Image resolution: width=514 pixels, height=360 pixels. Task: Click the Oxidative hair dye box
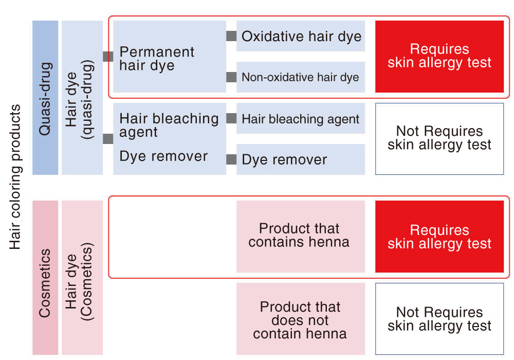click(301, 36)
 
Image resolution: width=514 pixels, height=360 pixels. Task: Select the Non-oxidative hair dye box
click(301, 77)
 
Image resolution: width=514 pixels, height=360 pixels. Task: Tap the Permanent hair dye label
click(157, 59)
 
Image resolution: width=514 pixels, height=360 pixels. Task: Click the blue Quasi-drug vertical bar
click(45, 98)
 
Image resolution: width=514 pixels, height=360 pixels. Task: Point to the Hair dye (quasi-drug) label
click(79, 99)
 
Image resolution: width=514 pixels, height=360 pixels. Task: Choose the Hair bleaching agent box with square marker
click(301, 118)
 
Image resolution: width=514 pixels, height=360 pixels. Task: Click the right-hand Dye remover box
click(301, 159)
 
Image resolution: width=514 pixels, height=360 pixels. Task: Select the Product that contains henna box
click(301, 237)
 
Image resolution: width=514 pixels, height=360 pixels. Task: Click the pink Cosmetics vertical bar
click(45, 278)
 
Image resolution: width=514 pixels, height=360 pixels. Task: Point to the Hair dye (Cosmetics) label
click(79, 281)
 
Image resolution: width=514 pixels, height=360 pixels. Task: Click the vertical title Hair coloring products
click(15, 177)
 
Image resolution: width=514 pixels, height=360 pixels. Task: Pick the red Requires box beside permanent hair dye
click(439, 57)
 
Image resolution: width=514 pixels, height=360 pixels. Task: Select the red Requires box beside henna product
click(439, 237)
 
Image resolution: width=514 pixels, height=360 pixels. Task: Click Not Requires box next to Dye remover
click(439, 139)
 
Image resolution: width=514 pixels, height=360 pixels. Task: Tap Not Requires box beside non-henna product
click(439, 319)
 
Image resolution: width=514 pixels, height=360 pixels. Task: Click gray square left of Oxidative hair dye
click(231, 36)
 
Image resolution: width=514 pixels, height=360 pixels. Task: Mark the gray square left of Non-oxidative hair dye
click(231, 77)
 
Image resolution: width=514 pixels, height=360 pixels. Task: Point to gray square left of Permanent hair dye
click(108, 57)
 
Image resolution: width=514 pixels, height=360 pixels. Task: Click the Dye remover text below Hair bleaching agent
click(163, 156)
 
